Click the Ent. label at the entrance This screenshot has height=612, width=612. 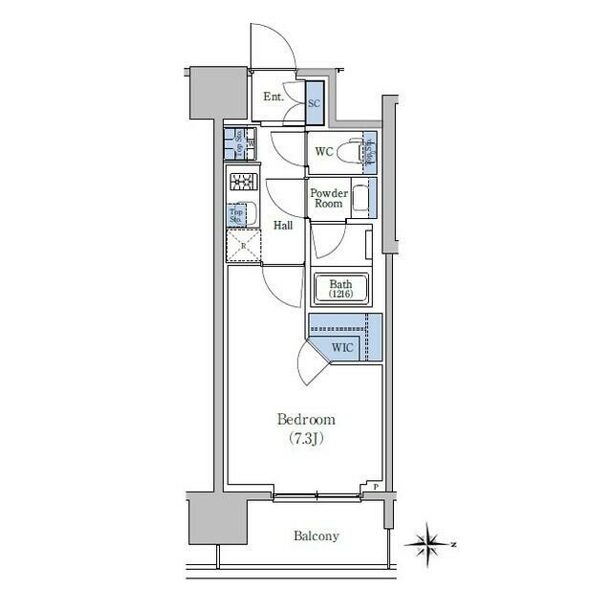click(x=273, y=97)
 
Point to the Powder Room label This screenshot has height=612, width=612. click(x=327, y=198)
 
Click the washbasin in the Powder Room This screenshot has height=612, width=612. click(x=361, y=199)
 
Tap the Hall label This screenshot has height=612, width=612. click(x=283, y=226)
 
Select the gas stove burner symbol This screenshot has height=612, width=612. click(x=241, y=181)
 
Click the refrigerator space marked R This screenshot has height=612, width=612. click(x=243, y=246)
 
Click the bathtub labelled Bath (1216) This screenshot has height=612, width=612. click(x=341, y=289)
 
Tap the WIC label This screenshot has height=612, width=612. click(x=342, y=347)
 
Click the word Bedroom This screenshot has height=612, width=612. click(x=306, y=419)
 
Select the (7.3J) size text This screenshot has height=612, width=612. click(x=306, y=439)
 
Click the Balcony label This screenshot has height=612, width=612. click(x=316, y=535)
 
